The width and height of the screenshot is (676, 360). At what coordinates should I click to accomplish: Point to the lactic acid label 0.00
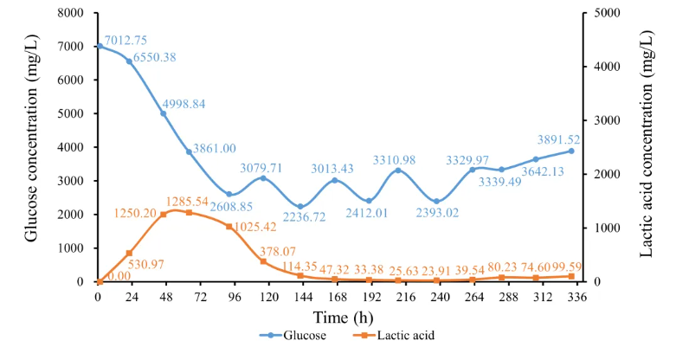[x=118, y=275]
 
